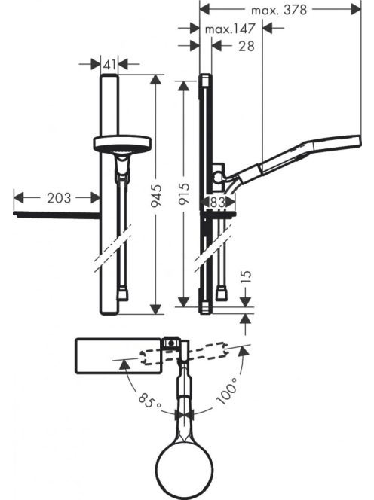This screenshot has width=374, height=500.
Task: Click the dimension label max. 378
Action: (279, 10)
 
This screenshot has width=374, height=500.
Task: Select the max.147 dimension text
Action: (230, 29)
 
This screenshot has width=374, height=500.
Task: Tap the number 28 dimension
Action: (247, 46)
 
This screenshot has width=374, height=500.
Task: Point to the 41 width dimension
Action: (109, 65)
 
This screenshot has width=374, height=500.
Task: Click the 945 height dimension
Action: (157, 196)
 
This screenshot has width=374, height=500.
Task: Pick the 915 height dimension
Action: (184, 194)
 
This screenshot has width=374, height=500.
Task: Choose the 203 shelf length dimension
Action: (59, 198)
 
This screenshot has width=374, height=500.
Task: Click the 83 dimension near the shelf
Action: (217, 202)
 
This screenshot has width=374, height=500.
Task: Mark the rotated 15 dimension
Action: (247, 276)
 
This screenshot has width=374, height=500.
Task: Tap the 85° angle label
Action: (150, 400)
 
